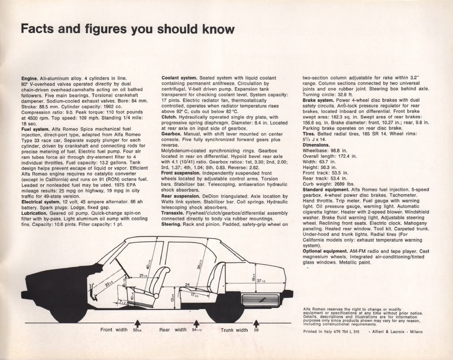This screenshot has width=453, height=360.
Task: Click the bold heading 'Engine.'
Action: pyautogui.click(x=29, y=78)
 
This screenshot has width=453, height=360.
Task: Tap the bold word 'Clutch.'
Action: pyautogui.click(x=169, y=117)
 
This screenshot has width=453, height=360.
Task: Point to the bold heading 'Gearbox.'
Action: pyautogui.click(x=171, y=134)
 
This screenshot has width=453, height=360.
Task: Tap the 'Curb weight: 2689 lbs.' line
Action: pyautogui.click(x=328, y=184)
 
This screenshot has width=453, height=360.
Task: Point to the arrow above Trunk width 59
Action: pyautogui.click(x=256, y=323)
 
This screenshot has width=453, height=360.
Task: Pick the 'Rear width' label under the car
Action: pyautogui.click(x=173, y=330)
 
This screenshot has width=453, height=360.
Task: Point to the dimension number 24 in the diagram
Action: pyautogui.click(x=187, y=284)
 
